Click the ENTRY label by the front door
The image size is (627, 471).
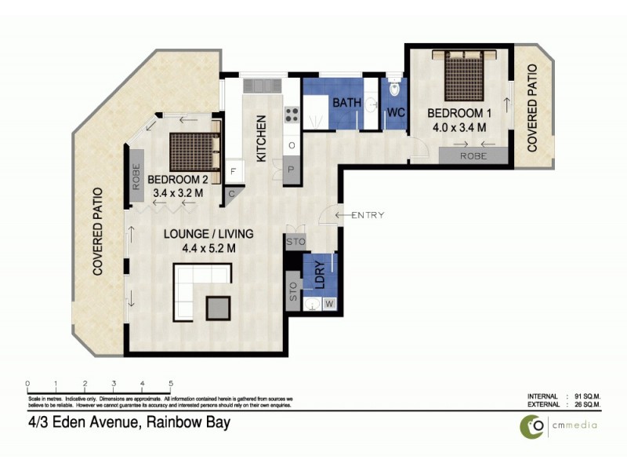(x=367, y=215)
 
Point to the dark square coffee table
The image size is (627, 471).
(x=219, y=307)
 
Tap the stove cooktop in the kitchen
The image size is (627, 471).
(x=291, y=115)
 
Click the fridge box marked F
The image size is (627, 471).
(x=233, y=170)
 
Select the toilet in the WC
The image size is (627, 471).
(x=394, y=89)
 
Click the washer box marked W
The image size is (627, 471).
(x=329, y=303)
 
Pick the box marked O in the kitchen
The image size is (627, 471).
(x=292, y=146)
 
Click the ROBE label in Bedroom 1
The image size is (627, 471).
(x=473, y=156)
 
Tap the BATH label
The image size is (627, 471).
(x=346, y=104)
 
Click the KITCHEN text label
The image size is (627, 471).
(x=262, y=139)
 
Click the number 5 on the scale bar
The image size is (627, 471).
(x=171, y=383)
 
